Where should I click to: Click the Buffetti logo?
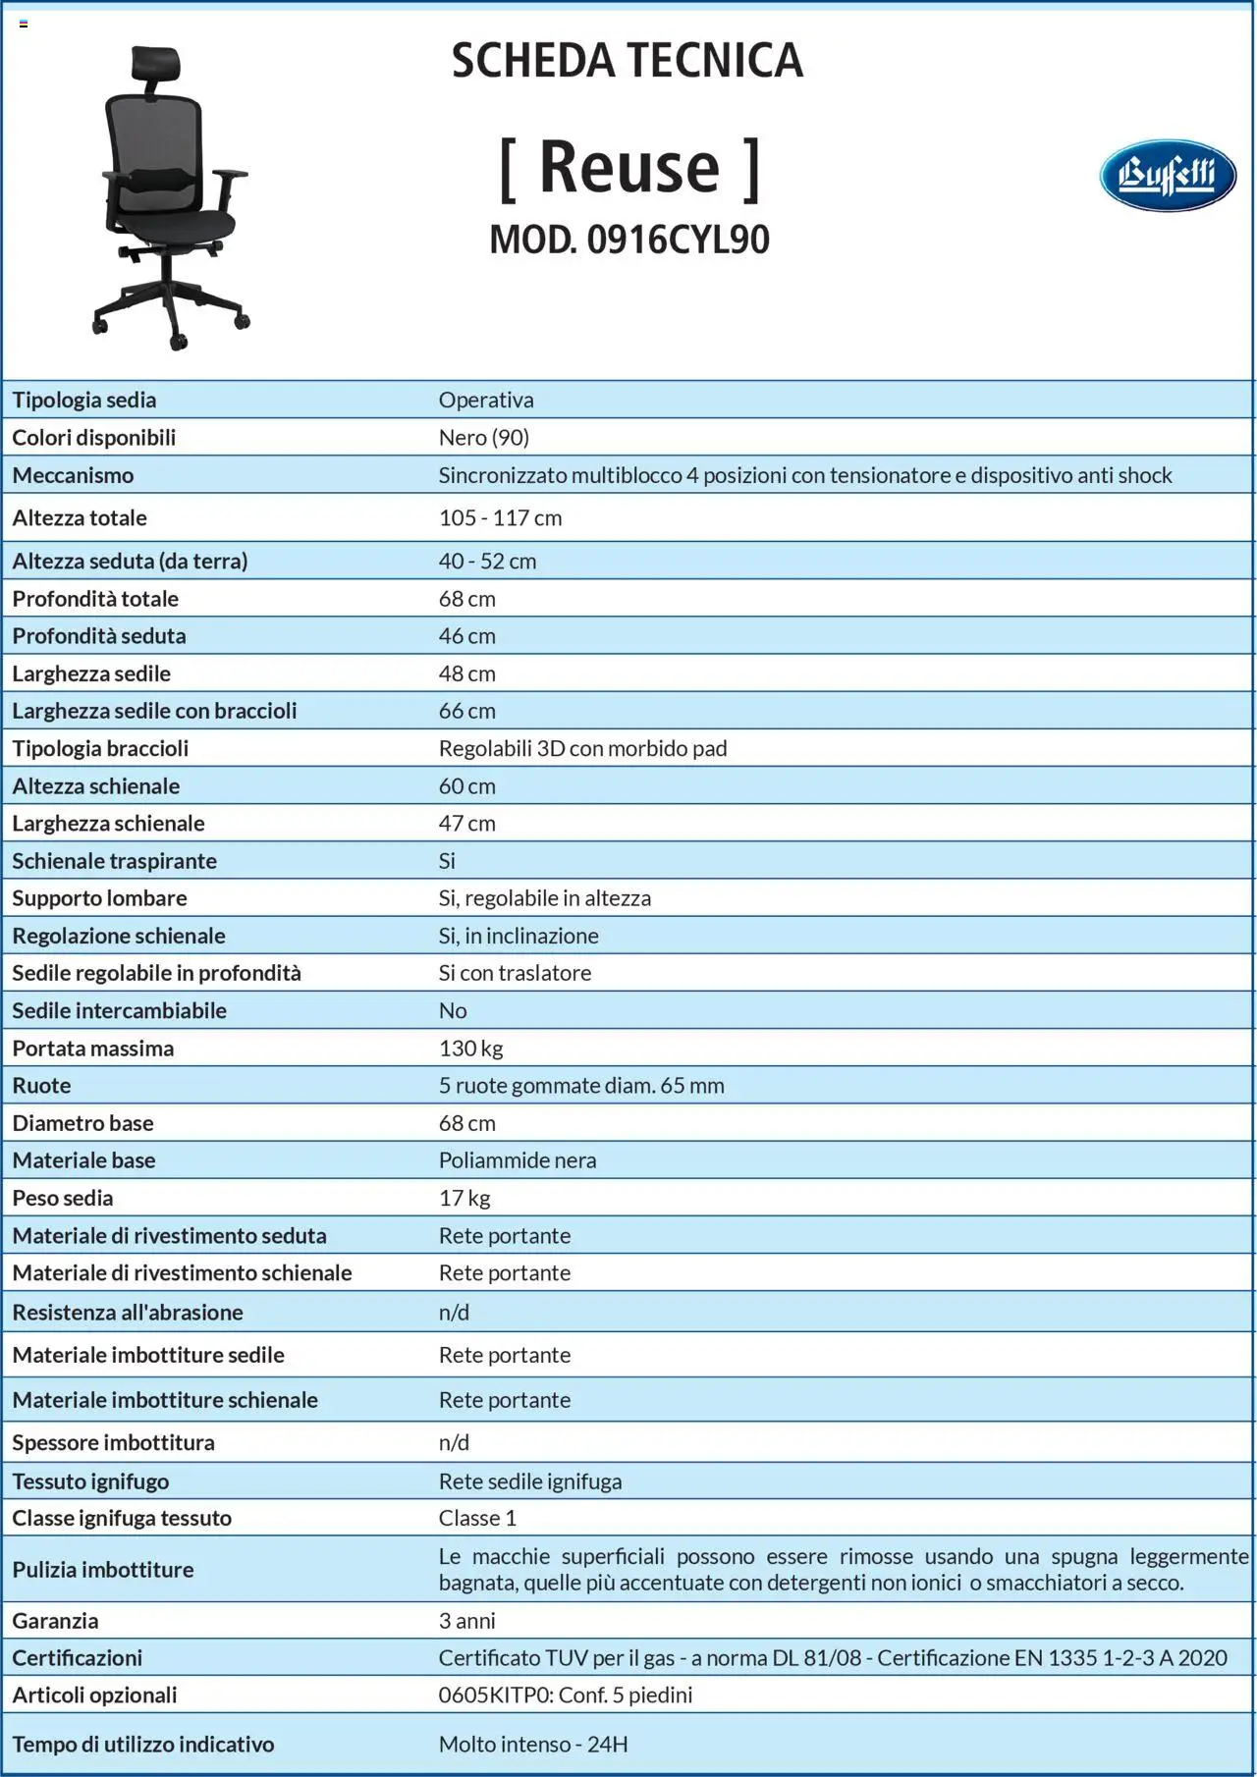(1167, 176)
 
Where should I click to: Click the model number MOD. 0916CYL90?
(629, 240)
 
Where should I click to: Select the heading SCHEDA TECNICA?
(627, 61)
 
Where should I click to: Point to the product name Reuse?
(629, 167)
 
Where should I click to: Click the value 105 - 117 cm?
(500, 518)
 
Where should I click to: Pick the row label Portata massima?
(93, 1049)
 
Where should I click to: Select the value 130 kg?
(470, 1049)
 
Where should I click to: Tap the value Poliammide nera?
(517, 1160)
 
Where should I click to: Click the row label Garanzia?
(55, 1621)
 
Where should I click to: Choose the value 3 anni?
(466, 1621)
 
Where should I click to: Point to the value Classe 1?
(477, 1518)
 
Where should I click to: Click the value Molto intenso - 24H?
(533, 1745)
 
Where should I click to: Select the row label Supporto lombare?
(99, 898)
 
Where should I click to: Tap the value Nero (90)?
(483, 438)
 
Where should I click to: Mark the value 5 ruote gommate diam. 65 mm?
(581, 1086)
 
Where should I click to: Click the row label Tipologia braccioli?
(100, 749)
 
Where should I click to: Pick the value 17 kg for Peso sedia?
(465, 1198)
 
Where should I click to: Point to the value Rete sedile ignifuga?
(530, 1481)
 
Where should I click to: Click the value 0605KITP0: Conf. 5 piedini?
(566, 1696)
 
